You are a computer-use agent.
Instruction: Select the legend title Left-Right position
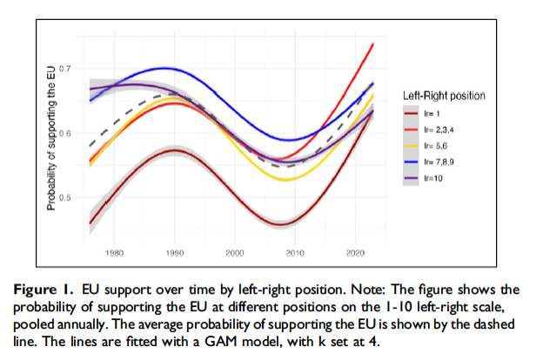[444, 95]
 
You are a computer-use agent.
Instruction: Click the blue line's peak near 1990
[164, 68]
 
